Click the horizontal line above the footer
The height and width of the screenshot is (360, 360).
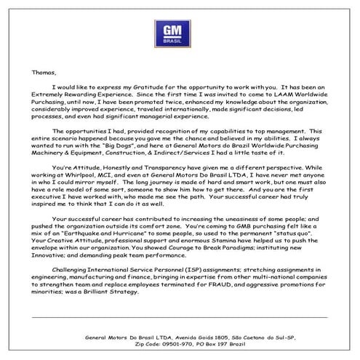(x=180, y=317)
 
